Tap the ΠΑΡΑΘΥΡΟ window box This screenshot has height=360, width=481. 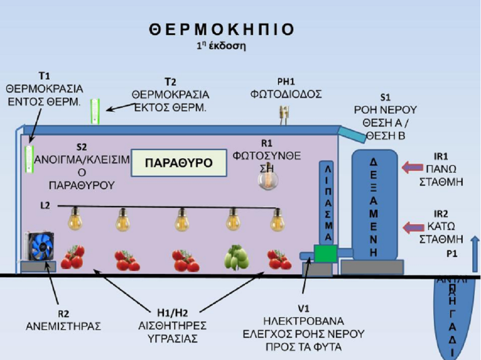179,163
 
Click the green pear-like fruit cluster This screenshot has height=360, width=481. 237,257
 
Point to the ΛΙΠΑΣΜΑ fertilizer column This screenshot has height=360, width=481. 327,202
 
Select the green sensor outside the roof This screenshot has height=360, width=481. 95,111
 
